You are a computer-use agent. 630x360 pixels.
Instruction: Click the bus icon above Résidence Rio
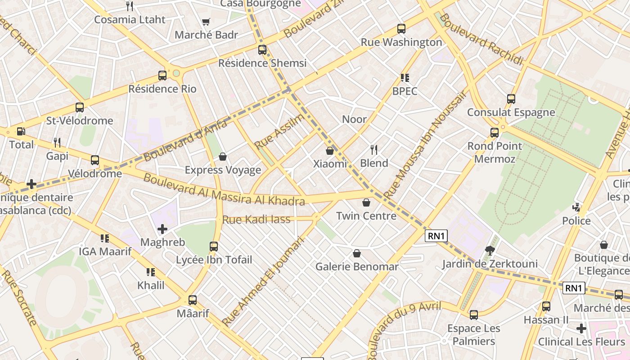[162, 76]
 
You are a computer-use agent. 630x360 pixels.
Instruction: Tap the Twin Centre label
[366, 216]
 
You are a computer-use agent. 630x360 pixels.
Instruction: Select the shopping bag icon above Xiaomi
[330, 151]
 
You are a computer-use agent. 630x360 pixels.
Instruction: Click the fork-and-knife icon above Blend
[373, 149]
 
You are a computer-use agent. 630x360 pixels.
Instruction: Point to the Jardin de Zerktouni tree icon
[490, 251]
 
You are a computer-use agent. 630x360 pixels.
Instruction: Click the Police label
[576, 221]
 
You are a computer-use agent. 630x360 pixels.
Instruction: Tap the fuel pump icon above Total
[21, 131]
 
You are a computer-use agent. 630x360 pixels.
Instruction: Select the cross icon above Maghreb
[162, 229]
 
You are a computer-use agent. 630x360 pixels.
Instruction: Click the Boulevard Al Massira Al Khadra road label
[224, 189]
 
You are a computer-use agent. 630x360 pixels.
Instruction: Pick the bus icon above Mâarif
[193, 300]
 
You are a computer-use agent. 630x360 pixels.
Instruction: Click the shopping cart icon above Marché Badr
[206, 22]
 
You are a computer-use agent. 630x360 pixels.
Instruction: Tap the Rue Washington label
[401, 42]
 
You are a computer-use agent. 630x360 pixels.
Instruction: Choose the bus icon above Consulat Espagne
[511, 99]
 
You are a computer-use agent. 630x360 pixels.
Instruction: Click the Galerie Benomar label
[357, 267]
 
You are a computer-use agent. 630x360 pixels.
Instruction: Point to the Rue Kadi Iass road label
[256, 220]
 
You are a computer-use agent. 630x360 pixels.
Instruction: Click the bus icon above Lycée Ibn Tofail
[214, 247]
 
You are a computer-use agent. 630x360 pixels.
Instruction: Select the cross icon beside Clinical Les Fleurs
[581, 328]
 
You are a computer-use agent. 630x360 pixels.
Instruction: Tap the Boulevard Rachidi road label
[481, 39]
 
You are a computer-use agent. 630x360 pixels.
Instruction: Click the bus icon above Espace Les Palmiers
[473, 315]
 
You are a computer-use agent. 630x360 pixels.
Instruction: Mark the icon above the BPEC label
[405, 78]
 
